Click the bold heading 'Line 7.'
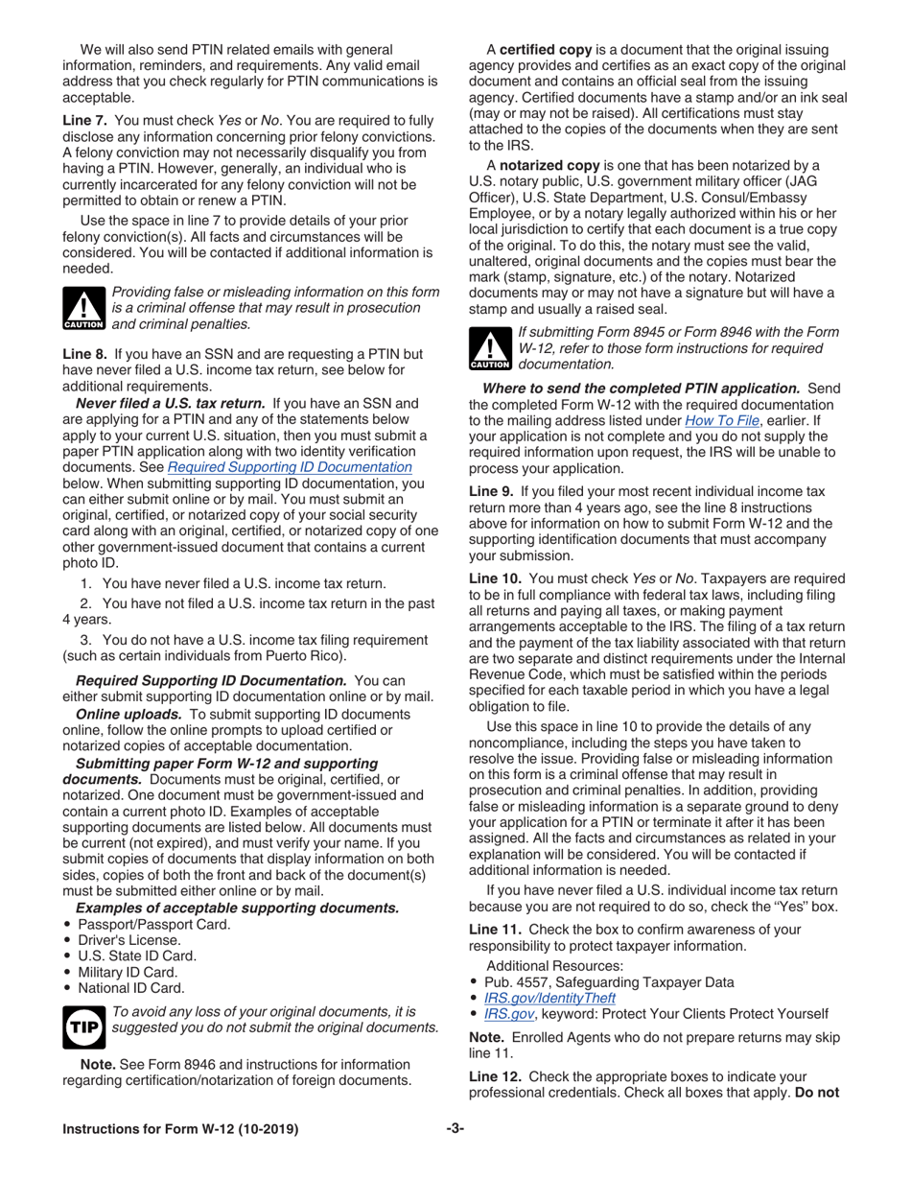point(85,121)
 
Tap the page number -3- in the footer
point(455,1129)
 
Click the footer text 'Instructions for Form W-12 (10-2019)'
point(180,1129)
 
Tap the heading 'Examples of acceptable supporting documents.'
point(237,908)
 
